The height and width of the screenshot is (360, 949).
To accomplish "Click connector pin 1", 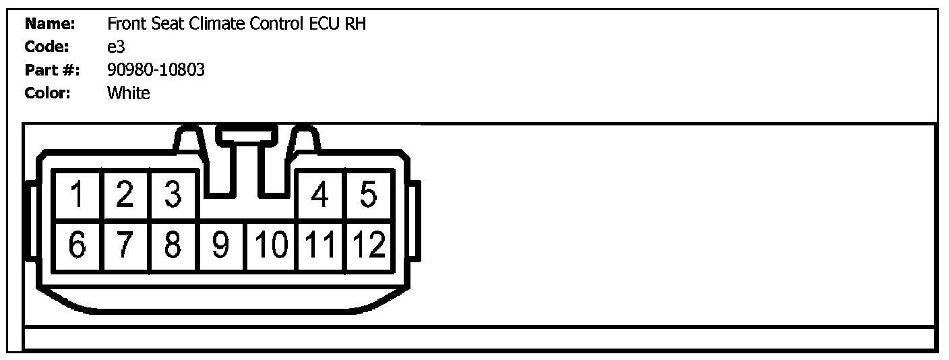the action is click(78, 196).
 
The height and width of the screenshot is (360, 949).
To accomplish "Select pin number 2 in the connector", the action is click(125, 196).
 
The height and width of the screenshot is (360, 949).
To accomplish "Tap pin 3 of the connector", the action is click(173, 196).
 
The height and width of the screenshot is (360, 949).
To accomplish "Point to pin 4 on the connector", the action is click(321, 196).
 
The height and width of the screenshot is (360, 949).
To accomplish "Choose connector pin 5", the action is click(368, 196).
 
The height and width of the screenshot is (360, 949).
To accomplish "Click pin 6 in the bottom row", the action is click(78, 245).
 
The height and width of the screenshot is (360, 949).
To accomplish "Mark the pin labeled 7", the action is click(125, 245).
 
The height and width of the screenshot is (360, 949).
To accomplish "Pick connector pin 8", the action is click(173, 245).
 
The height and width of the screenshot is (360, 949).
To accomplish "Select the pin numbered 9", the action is click(222, 245).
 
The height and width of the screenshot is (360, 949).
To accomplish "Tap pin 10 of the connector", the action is click(271, 245).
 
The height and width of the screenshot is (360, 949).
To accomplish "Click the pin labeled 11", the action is click(321, 245).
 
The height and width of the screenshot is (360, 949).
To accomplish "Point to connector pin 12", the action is click(368, 245).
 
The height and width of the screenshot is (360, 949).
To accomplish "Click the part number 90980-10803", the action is click(156, 69).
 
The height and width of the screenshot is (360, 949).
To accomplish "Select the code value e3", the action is click(116, 47).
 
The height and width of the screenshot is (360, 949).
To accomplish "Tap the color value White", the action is click(128, 93).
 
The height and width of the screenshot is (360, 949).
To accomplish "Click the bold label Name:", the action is click(49, 24).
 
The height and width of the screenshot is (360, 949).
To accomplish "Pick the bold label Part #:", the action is click(52, 69).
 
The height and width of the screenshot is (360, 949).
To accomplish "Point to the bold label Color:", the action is click(48, 93).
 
